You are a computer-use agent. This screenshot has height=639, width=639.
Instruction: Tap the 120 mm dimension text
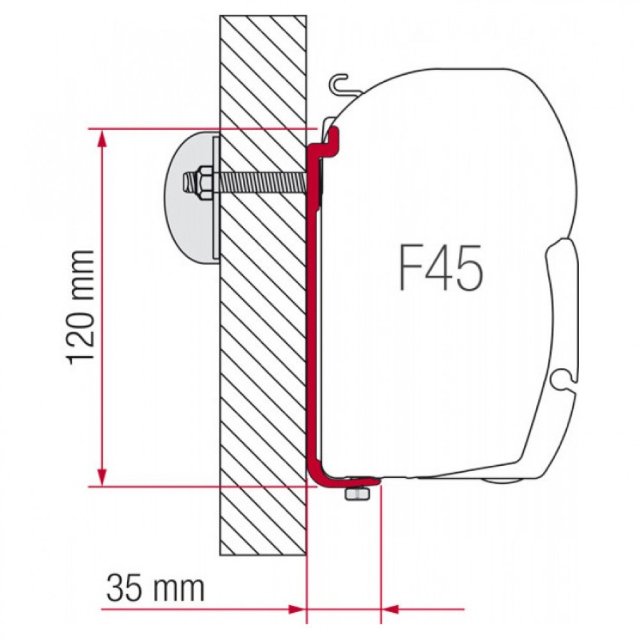[x=81, y=307]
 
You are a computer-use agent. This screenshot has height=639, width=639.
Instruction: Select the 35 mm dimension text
[x=155, y=589]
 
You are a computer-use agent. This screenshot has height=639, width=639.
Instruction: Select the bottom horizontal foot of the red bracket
[x=348, y=481]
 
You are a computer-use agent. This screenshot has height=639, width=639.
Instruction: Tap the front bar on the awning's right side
[x=562, y=307]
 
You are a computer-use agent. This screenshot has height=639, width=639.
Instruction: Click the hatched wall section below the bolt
[x=262, y=383]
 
